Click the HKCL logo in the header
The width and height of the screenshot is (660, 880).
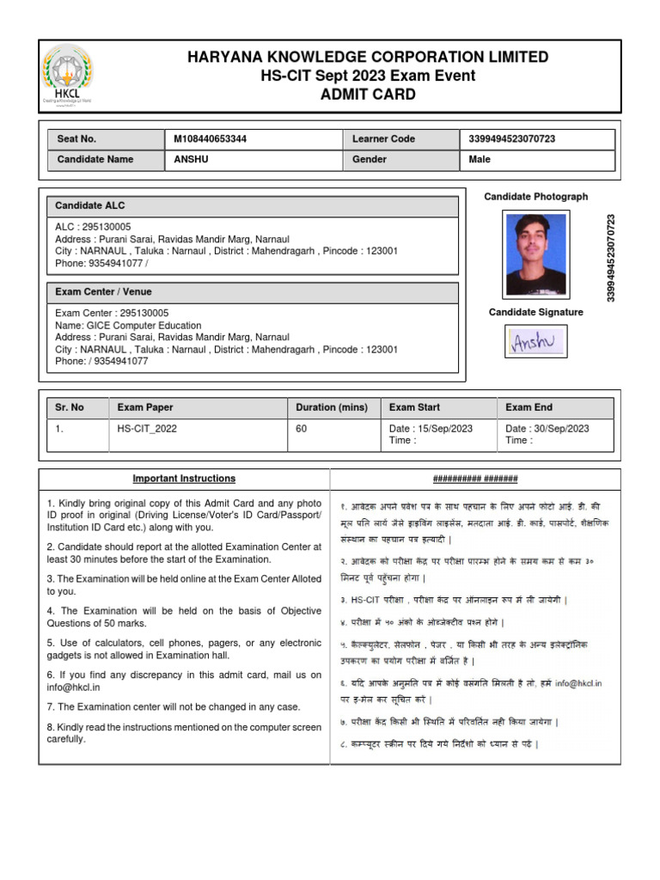click(x=68, y=76)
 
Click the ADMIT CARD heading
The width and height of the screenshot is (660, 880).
click(x=368, y=95)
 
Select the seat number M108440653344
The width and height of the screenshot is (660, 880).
click(x=210, y=139)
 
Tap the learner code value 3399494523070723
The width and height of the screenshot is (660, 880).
click(x=512, y=139)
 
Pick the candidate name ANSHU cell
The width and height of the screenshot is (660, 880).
click(x=191, y=160)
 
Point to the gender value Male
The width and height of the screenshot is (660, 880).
click(x=480, y=160)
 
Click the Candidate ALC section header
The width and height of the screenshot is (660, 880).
click(x=90, y=206)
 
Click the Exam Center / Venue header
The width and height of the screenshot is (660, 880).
click(x=103, y=292)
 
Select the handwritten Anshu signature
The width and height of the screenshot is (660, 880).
click(x=535, y=342)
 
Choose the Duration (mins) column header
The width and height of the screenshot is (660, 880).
click(x=331, y=408)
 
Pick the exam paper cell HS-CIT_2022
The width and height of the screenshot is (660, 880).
click(x=147, y=429)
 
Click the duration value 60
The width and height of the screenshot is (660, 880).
click(x=302, y=429)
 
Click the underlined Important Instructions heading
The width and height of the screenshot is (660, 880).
click(x=184, y=479)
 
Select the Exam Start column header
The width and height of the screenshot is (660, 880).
click(x=414, y=408)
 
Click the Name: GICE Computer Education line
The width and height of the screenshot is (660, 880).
click(x=128, y=326)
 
